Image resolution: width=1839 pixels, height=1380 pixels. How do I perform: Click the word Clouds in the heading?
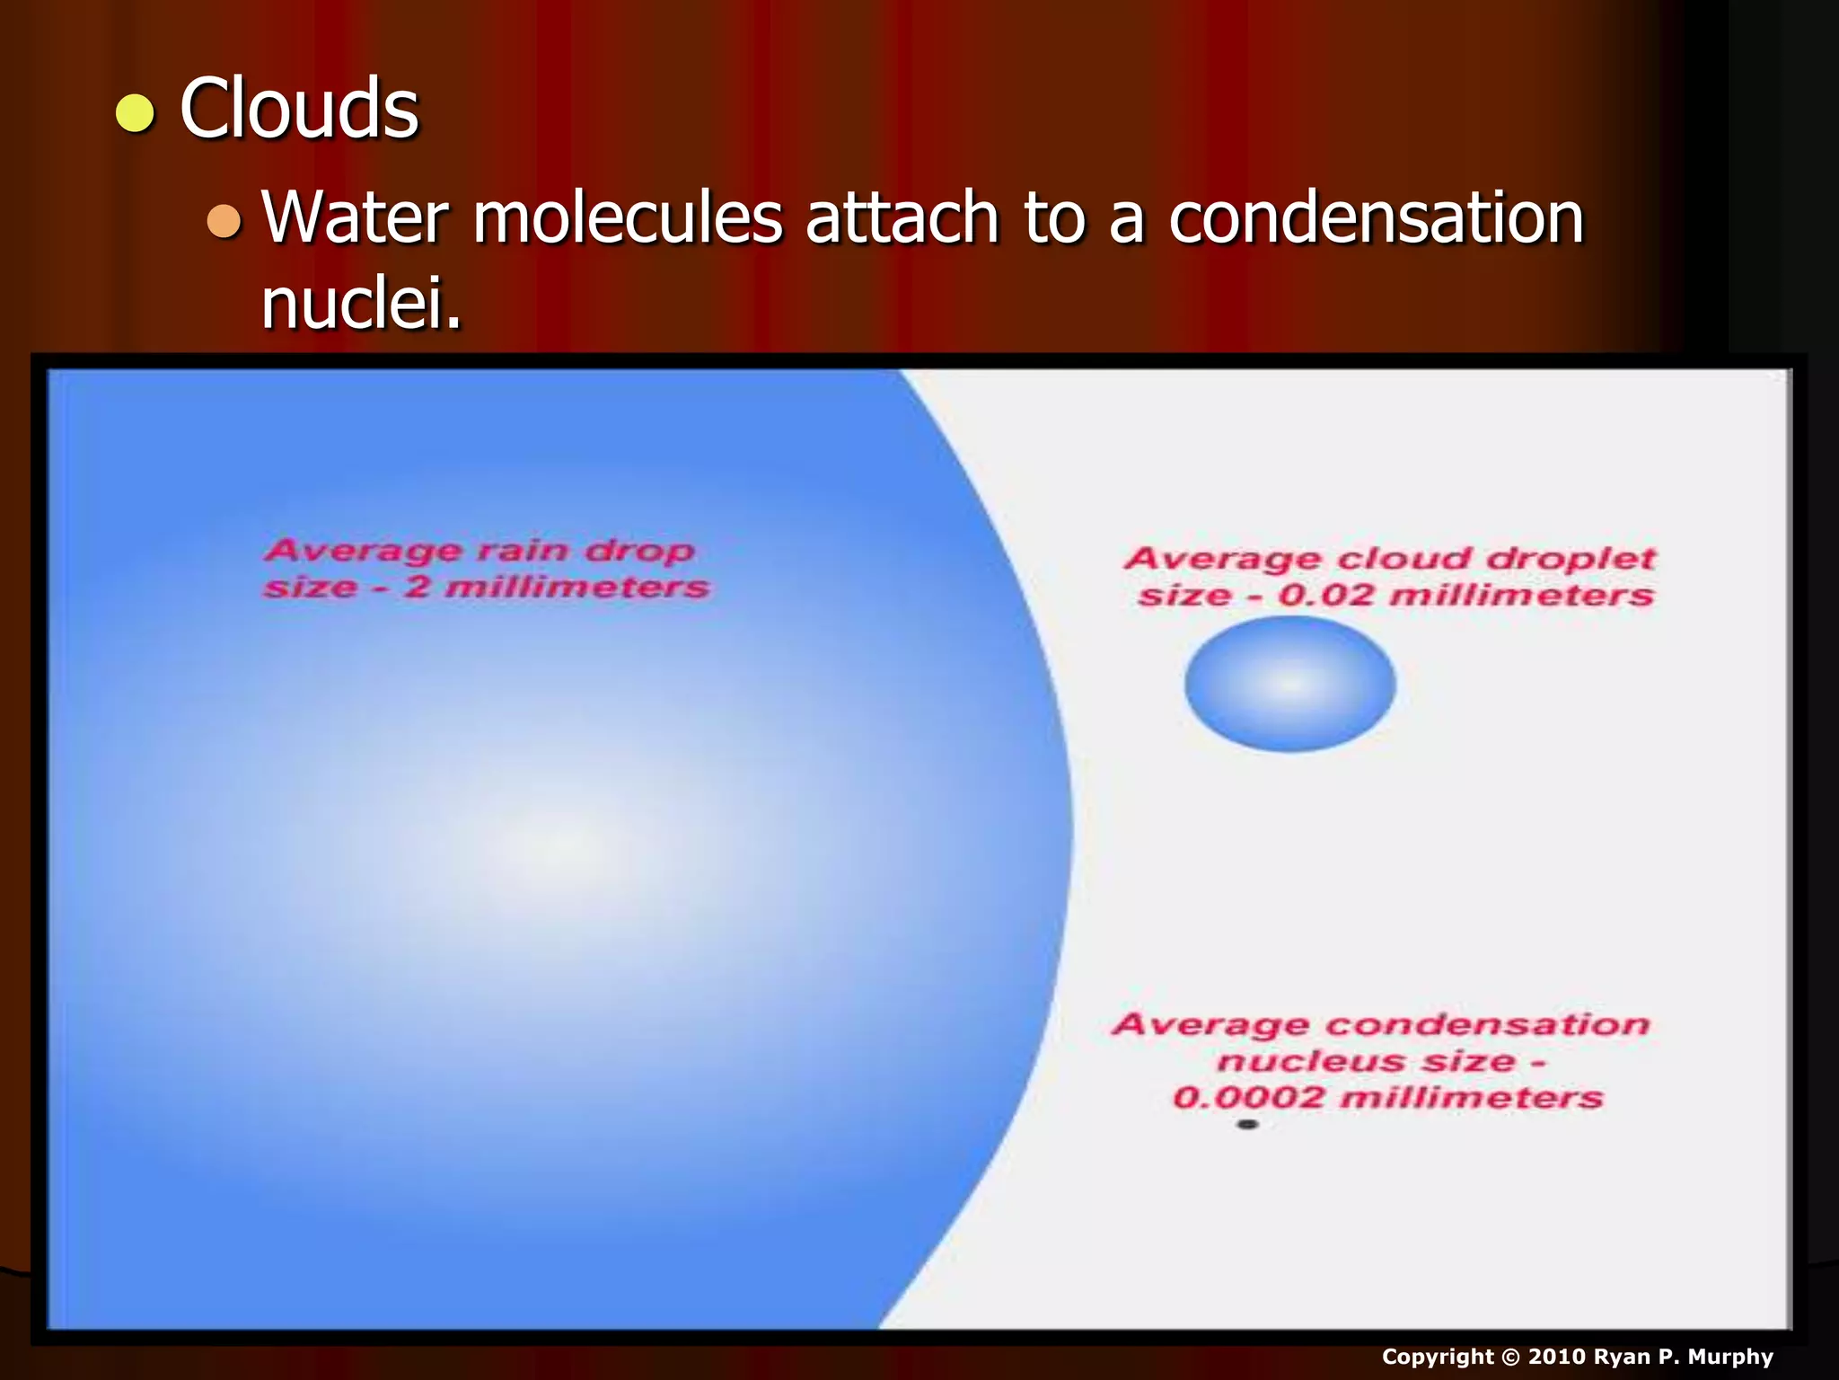[x=299, y=109]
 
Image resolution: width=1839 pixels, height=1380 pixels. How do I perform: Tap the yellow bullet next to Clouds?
[x=135, y=114]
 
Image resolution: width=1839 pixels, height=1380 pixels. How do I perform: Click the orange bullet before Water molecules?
[x=224, y=221]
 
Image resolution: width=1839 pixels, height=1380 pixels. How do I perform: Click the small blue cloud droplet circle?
[x=1289, y=684]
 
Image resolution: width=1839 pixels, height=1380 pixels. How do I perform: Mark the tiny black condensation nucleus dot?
[x=1247, y=1124]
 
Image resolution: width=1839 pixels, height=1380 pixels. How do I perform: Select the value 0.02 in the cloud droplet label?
[x=1325, y=596]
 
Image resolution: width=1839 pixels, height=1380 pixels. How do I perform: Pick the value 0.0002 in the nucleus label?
[x=1248, y=1098]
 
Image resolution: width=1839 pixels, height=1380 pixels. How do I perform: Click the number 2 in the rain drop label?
[x=417, y=588]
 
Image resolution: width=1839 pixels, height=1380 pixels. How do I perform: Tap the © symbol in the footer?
[x=1510, y=1357]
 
